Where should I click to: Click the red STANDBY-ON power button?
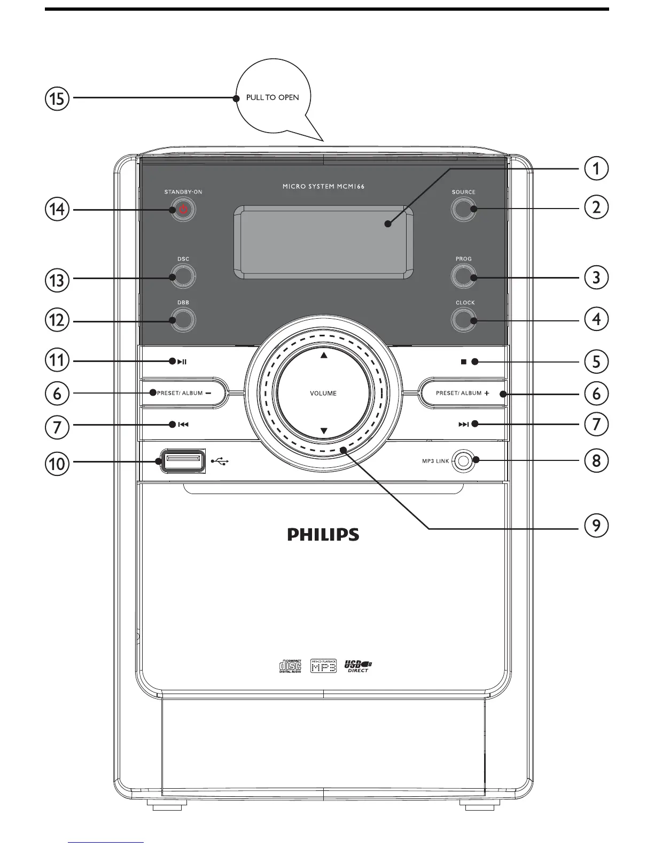183,210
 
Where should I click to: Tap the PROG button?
463,277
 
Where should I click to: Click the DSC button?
183,277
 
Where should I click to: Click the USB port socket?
182,460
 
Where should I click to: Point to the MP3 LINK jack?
463,460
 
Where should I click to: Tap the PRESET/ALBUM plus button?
463,394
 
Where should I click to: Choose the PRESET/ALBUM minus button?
183,394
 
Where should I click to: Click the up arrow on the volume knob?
323,355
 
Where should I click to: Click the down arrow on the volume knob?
323,430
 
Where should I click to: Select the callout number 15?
57,99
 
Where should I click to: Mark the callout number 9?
596,526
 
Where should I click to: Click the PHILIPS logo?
323,534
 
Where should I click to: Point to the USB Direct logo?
358,666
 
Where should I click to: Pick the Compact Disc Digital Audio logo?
291,666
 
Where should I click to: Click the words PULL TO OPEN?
272,98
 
